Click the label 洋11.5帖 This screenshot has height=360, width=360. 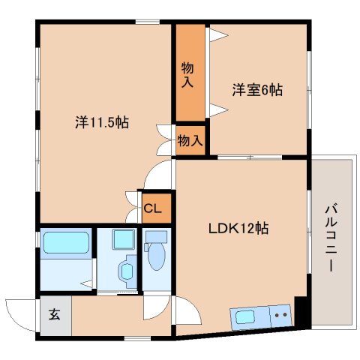pos(101,121)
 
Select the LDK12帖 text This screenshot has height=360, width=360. pos(238,229)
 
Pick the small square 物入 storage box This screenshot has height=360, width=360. pos(190,140)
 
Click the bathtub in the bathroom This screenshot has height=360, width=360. pos(66,244)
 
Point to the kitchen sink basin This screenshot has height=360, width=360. pos(246,316)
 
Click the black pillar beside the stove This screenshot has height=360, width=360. pos(301,312)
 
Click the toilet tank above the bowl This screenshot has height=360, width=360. pos(156,236)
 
